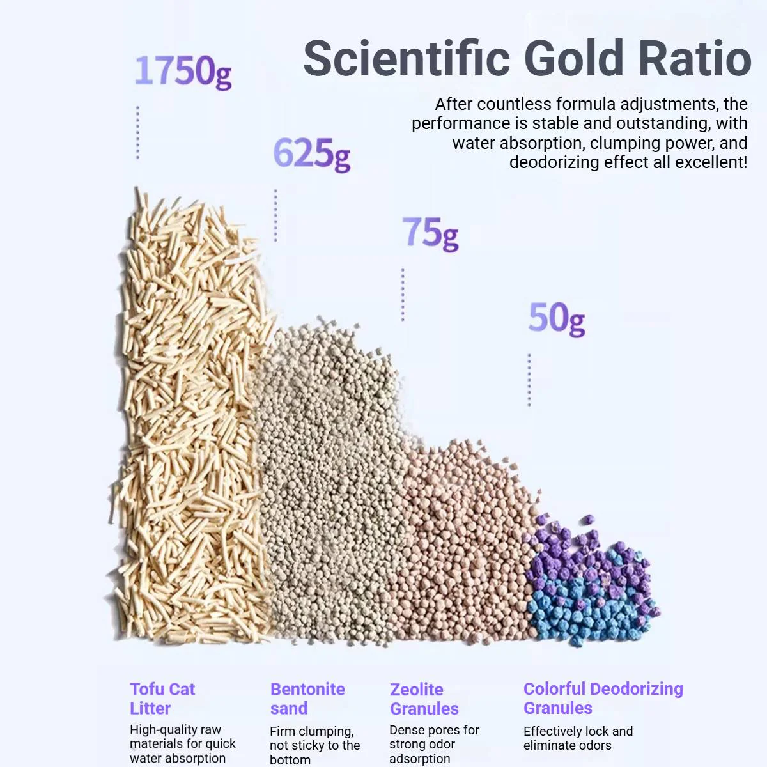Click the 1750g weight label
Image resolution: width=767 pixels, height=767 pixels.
[x=183, y=72]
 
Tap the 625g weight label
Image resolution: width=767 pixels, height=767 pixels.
[x=312, y=154]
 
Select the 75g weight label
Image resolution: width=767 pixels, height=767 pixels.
[x=430, y=234]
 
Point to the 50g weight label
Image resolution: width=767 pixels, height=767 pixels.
[x=557, y=319]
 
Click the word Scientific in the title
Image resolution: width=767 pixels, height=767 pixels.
[x=407, y=58]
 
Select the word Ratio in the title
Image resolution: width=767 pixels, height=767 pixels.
[x=695, y=58]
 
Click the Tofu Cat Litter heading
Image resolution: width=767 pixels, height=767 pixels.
[x=162, y=699]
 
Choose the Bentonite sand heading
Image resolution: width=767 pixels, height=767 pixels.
[x=307, y=699]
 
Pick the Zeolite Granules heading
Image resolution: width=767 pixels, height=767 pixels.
[x=424, y=699]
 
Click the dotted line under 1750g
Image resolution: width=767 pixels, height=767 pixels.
[x=137, y=132]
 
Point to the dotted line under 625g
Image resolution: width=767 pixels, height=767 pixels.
[x=275, y=215]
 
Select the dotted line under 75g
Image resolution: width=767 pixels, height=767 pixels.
[x=403, y=295]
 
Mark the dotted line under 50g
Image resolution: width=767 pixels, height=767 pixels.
[x=529, y=380]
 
